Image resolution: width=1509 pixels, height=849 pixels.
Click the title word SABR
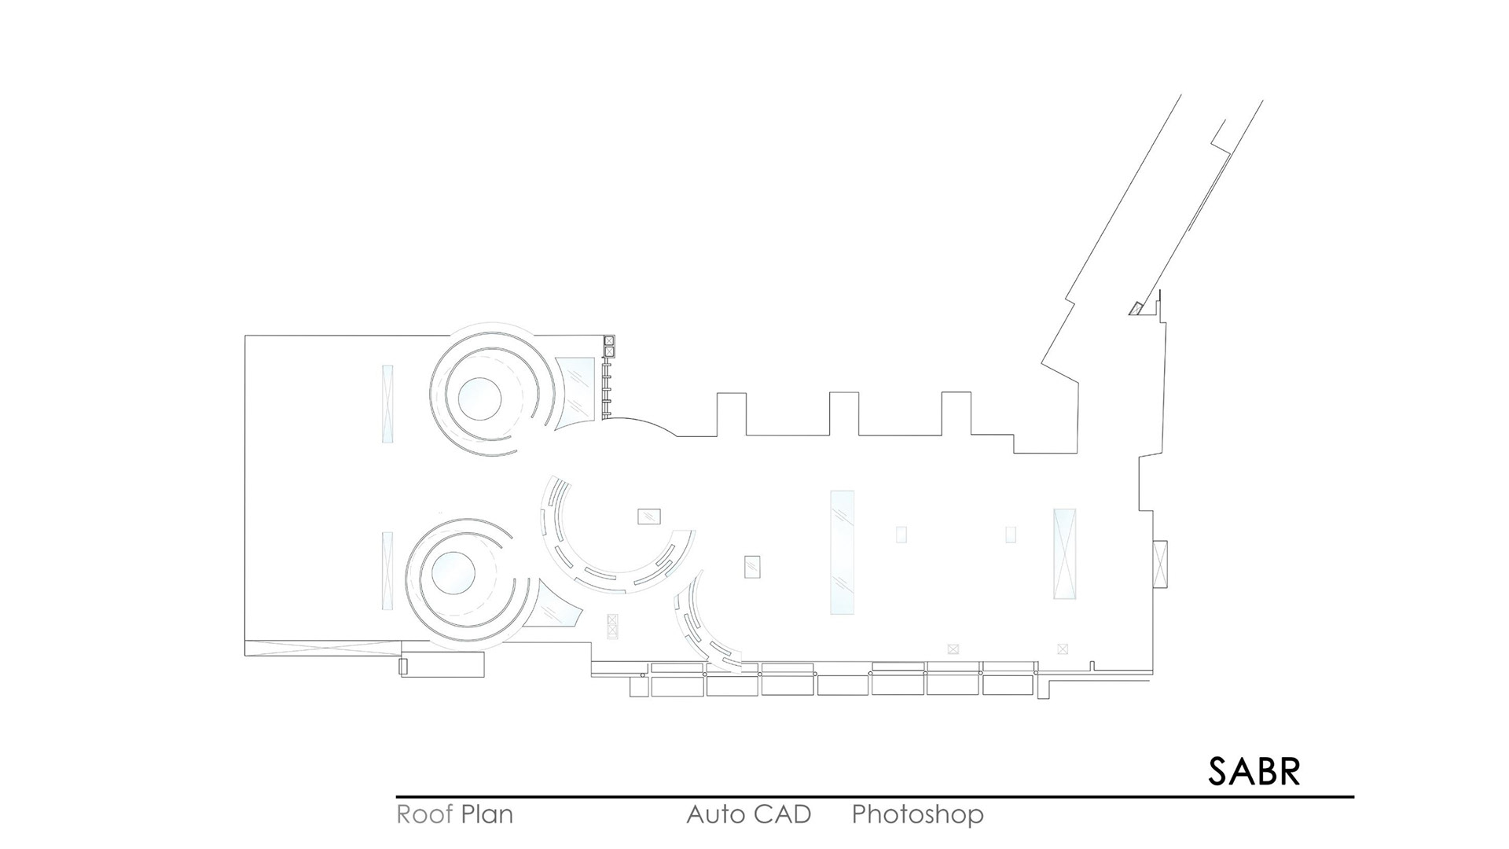[1254, 772]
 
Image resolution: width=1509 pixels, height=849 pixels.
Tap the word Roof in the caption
[424, 814]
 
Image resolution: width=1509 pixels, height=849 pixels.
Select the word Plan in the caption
[487, 814]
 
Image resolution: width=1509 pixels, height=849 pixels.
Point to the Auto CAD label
[748, 814]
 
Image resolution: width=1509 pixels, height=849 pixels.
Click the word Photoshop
[917, 814]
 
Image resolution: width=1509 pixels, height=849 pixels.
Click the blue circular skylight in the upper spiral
[479, 399]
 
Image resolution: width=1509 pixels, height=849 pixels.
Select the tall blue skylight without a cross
[842, 552]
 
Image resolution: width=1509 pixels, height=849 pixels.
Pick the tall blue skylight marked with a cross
[1065, 553]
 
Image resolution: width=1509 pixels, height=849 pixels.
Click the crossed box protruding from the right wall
[1160, 563]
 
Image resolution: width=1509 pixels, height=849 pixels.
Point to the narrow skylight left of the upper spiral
[387, 403]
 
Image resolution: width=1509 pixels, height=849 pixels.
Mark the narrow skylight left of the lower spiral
[387, 571]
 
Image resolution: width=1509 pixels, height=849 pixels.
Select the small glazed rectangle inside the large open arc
[649, 516]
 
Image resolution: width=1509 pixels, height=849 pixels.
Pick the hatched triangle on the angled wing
[1136, 308]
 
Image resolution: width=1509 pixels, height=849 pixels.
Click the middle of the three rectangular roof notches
[844, 413]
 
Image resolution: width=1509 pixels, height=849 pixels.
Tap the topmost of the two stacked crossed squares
[609, 341]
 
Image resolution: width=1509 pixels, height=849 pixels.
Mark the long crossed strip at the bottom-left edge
[323, 648]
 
